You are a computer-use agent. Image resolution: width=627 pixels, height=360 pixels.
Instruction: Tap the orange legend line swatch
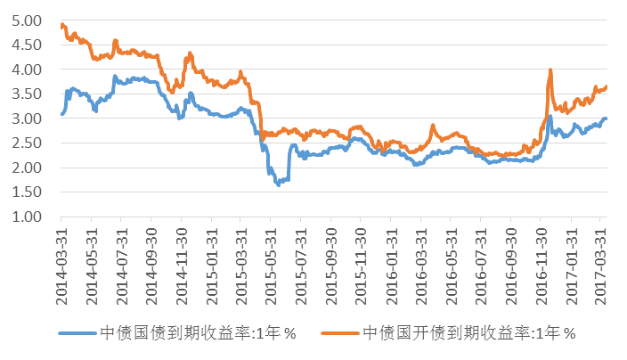click(x=341, y=333)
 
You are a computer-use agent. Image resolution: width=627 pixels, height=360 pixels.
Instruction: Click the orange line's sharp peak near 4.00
click(x=551, y=70)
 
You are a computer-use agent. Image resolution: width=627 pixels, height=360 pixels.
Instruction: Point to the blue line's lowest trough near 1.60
click(x=278, y=184)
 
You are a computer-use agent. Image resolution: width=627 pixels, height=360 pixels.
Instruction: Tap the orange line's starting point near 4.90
click(x=61, y=25)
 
